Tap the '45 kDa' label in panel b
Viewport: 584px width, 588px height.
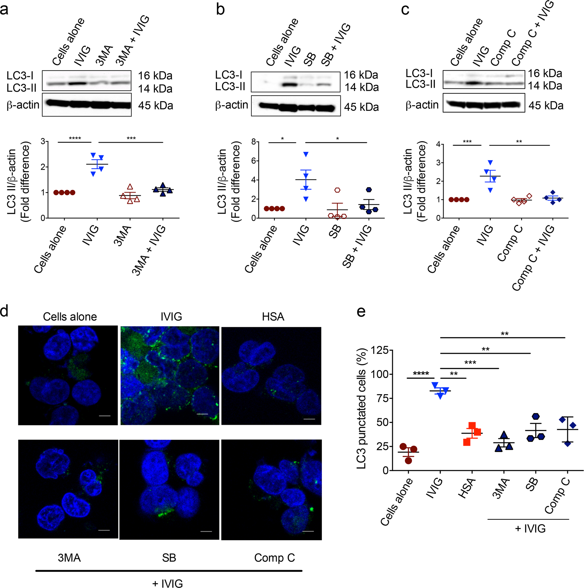[361, 107]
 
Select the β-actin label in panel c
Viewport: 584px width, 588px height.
[422, 105]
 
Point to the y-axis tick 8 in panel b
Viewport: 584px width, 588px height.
[253, 142]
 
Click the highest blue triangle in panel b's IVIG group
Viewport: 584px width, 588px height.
[306, 154]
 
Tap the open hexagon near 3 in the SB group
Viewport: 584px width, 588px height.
[337, 190]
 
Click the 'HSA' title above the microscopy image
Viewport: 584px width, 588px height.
[273, 316]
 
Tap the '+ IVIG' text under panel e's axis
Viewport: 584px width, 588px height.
[530, 528]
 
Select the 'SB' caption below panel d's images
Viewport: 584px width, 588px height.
[169, 558]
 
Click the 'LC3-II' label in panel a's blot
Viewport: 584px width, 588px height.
[21, 88]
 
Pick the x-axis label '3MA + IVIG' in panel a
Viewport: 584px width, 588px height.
[149, 250]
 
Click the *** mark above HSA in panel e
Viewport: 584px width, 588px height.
[470, 363]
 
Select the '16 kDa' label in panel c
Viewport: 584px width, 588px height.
[545, 73]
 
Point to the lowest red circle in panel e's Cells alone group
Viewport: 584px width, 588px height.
[408, 461]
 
